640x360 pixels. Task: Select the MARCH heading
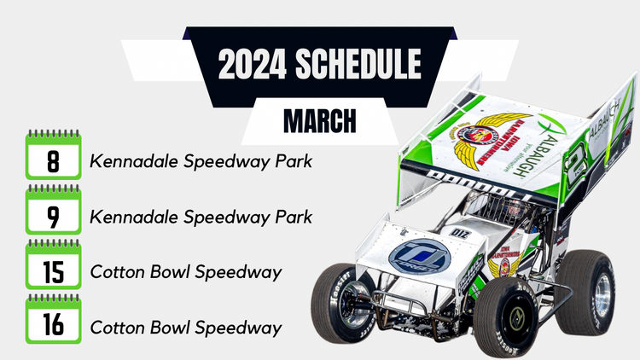pyautogui.click(x=319, y=122)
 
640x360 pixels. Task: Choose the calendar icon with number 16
pyautogui.click(x=53, y=324)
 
